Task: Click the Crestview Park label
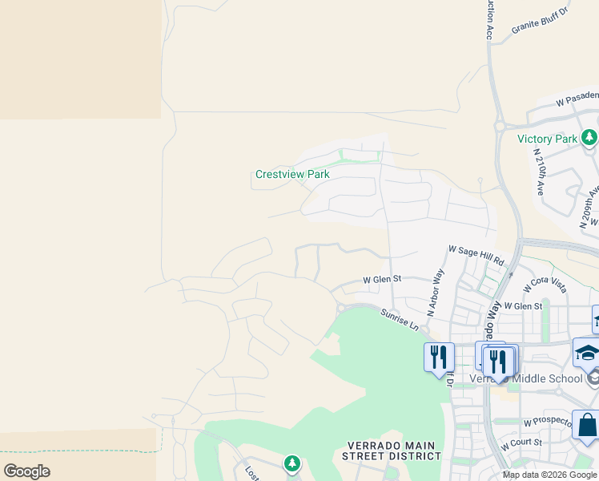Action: click(x=292, y=174)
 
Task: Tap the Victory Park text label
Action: click(x=548, y=139)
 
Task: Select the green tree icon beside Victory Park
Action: click(x=589, y=139)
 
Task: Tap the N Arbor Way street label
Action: click(x=436, y=293)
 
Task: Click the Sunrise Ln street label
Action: click(x=400, y=320)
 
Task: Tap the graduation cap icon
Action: click(x=587, y=354)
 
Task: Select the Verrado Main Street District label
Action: click(x=393, y=451)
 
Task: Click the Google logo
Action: click(x=26, y=471)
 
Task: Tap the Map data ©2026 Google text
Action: click(x=550, y=475)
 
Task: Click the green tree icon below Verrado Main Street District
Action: click(x=292, y=463)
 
